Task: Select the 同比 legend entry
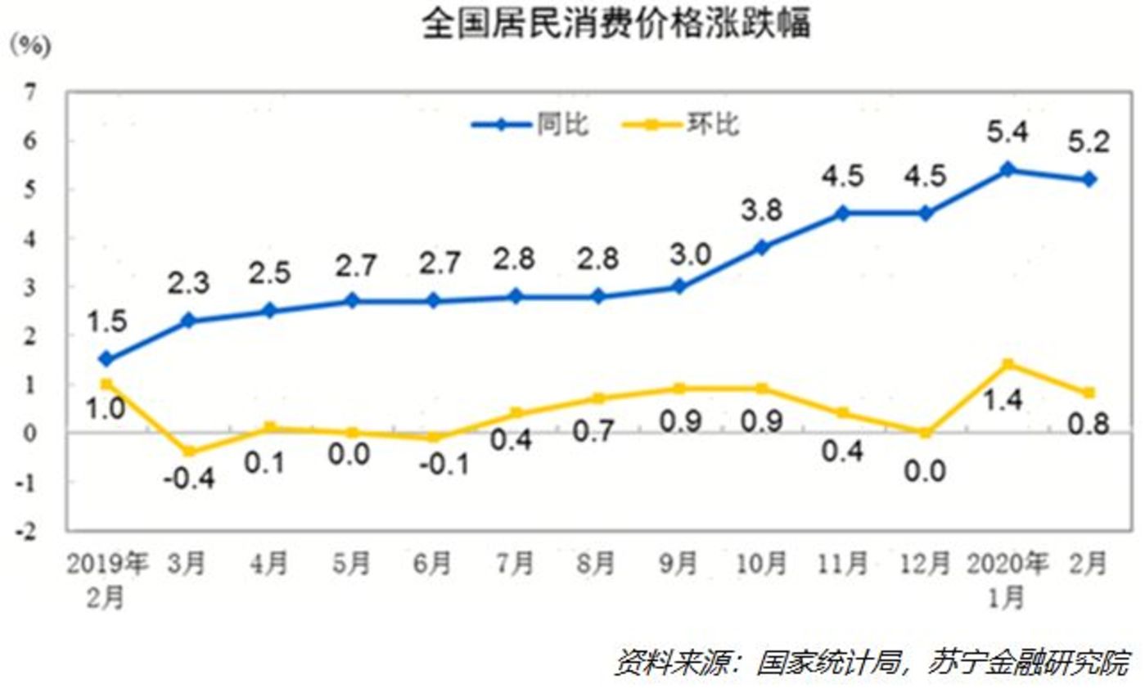(x=562, y=124)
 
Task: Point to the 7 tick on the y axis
(x=30, y=92)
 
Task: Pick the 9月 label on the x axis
(x=678, y=564)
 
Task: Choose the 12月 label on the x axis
(x=926, y=564)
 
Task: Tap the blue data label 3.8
(x=761, y=210)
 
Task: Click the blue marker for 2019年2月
(x=106, y=359)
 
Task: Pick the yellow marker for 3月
(x=188, y=452)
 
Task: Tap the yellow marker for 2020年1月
(x=1008, y=364)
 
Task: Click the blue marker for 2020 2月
(x=1090, y=179)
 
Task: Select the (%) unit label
(x=30, y=46)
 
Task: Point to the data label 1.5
(x=106, y=322)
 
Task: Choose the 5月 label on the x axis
(x=352, y=564)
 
